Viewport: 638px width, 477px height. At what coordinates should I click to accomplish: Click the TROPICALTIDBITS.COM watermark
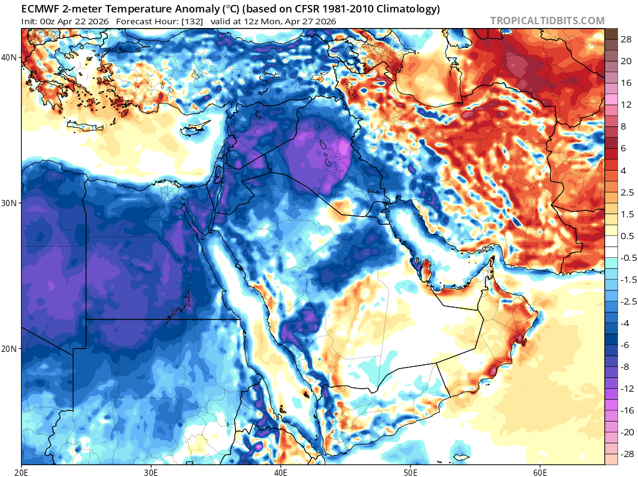click(x=547, y=21)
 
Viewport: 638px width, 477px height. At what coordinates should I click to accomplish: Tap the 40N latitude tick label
click(x=9, y=57)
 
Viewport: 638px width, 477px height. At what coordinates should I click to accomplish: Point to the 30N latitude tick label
click(x=9, y=203)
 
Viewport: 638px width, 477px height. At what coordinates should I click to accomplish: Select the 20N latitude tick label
click(x=9, y=349)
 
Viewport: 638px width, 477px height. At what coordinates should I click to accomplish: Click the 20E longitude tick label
click(x=22, y=471)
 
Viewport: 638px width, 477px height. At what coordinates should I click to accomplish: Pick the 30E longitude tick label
click(x=151, y=471)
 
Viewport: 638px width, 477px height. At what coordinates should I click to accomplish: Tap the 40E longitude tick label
click(x=280, y=471)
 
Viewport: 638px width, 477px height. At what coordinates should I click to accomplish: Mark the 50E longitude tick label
click(x=410, y=471)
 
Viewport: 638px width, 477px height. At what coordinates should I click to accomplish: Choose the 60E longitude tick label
click(x=539, y=471)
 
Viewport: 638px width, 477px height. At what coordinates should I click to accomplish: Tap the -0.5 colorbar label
click(x=619, y=258)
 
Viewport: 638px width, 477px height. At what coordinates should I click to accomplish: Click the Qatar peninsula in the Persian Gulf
click(x=426, y=270)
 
